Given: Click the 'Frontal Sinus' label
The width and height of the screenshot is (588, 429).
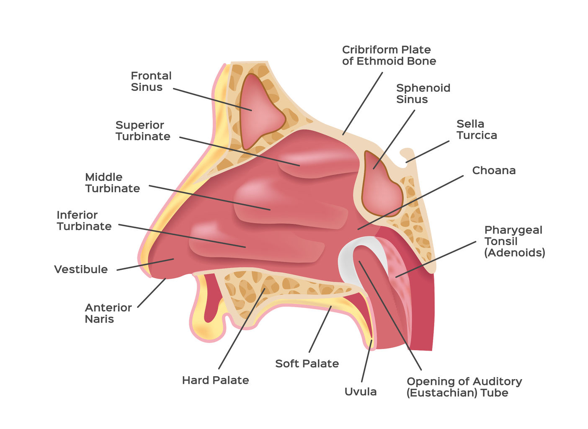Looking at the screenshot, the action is click(151, 81).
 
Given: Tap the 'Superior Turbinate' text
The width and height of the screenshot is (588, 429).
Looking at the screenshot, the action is click(143, 131).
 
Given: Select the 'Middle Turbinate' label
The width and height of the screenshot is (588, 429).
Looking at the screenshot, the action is click(113, 183).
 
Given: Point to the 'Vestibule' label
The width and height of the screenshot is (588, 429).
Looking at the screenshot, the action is click(81, 269).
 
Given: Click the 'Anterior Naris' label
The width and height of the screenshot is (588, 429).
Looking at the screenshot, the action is click(108, 313).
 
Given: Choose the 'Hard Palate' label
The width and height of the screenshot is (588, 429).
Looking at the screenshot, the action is click(216, 380).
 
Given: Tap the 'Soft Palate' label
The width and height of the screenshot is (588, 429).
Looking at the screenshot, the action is click(307, 364).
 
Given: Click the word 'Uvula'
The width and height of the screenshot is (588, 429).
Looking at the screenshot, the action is click(361, 392).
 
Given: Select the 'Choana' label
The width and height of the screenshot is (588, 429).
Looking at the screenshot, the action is click(494, 171).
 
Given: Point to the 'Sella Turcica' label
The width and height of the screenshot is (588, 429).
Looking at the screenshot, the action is click(477, 129).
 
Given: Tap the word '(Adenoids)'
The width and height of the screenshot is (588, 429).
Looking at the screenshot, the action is click(515, 253).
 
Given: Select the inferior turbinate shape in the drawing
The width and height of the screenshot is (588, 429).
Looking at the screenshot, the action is click(256, 243).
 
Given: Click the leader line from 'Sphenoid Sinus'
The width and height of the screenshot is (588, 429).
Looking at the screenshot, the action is click(394, 140).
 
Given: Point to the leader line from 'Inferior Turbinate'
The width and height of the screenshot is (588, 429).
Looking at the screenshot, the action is click(182, 236).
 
